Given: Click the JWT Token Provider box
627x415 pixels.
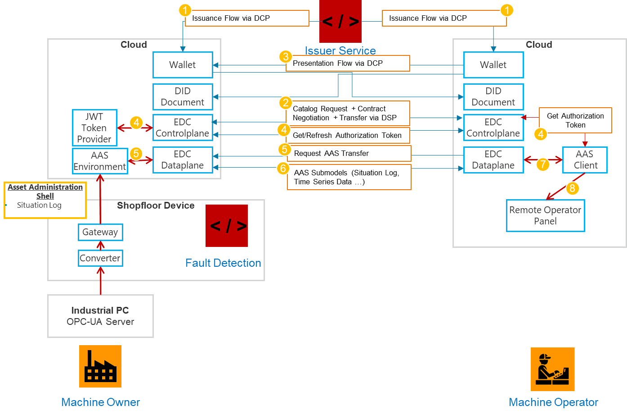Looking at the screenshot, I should [94, 128].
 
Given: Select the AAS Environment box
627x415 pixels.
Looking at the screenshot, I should [100, 161].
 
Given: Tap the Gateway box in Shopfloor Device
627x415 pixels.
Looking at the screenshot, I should [100, 232].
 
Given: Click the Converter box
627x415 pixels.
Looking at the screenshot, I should [100, 258].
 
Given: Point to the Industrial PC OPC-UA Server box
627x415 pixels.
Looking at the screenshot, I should [100, 316].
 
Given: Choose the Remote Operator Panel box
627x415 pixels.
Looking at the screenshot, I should [545, 215].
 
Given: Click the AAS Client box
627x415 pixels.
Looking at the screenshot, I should [585, 160].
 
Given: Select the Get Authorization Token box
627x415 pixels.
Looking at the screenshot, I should [575, 120].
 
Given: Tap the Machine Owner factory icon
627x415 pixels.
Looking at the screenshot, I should [100, 366].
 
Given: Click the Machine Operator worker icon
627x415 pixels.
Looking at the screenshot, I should [552, 369].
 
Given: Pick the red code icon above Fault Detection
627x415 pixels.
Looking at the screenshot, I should [227, 226].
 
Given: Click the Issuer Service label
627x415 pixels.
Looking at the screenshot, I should [340, 50].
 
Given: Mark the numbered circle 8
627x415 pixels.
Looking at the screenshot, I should [572, 188].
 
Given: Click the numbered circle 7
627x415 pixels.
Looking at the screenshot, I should [543, 164].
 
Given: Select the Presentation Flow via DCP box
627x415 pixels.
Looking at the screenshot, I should [348, 64].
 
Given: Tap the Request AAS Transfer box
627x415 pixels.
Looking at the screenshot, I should [349, 153].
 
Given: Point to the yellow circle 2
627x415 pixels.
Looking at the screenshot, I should [285, 103].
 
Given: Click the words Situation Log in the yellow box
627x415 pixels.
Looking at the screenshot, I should [39, 205].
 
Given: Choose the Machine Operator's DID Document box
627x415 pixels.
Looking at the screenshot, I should [493, 96].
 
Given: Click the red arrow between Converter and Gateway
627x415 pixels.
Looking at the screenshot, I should [100, 246].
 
